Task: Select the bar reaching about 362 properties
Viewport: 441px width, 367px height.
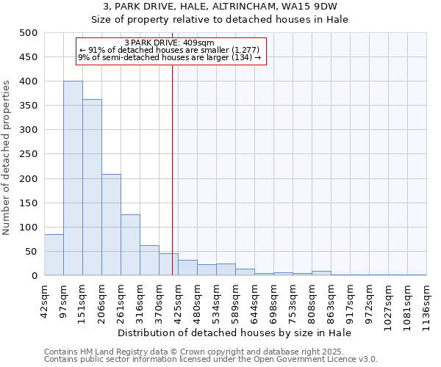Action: coord(92,187)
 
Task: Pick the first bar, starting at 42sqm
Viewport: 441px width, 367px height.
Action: coord(54,255)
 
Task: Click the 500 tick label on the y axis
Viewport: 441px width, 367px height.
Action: coord(28,33)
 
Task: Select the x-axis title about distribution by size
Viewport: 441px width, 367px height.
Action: coord(234,333)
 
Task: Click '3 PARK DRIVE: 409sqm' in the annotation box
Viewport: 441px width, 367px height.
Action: coord(170,43)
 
